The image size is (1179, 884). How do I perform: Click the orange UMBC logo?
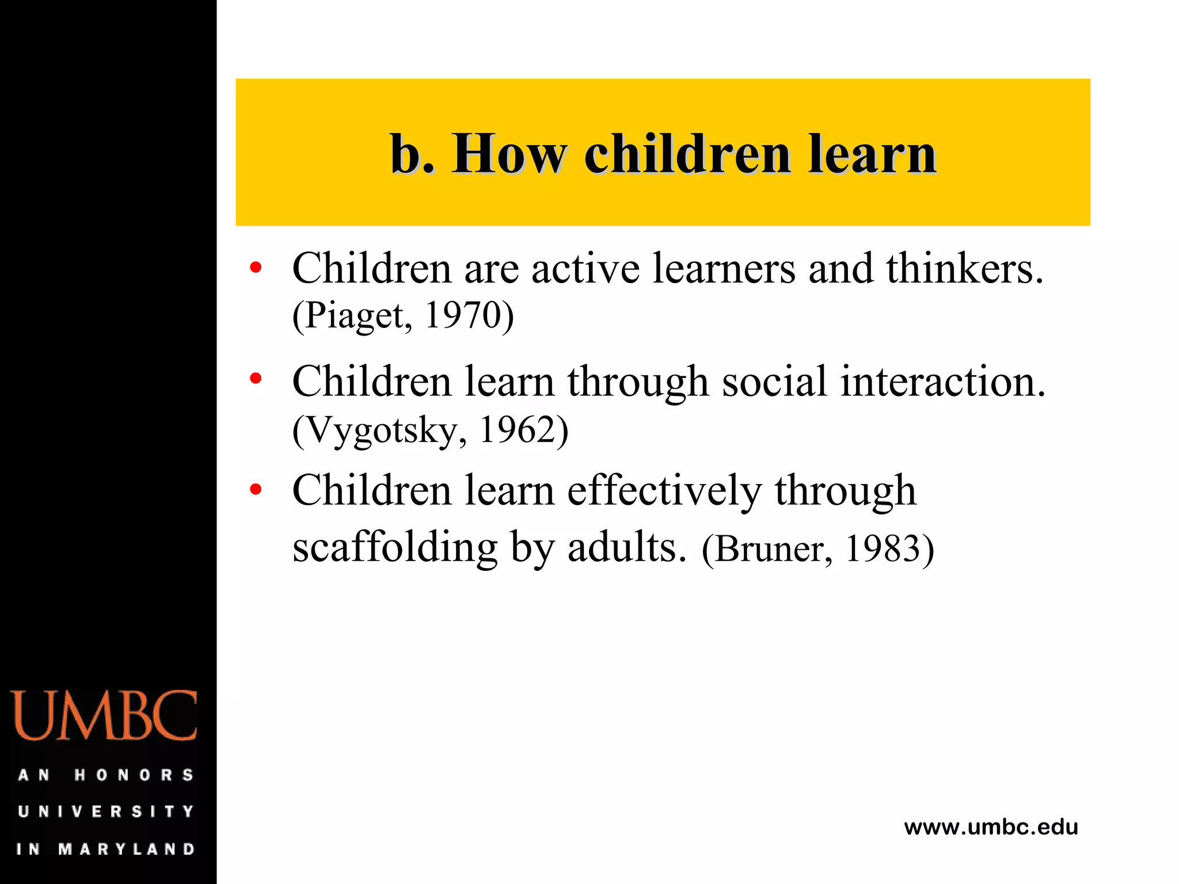[104, 715]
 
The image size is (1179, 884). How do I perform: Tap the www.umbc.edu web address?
[991, 828]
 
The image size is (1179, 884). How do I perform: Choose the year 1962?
[516, 429]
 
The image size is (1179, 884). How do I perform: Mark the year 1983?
[883, 548]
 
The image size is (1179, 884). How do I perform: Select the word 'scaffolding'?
[395, 547]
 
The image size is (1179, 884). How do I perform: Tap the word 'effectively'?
[664, 491]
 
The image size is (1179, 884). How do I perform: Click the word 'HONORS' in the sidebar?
[134, 775]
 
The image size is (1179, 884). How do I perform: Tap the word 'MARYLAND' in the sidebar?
[127, 849]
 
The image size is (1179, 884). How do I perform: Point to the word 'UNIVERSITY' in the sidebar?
[106, 811]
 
